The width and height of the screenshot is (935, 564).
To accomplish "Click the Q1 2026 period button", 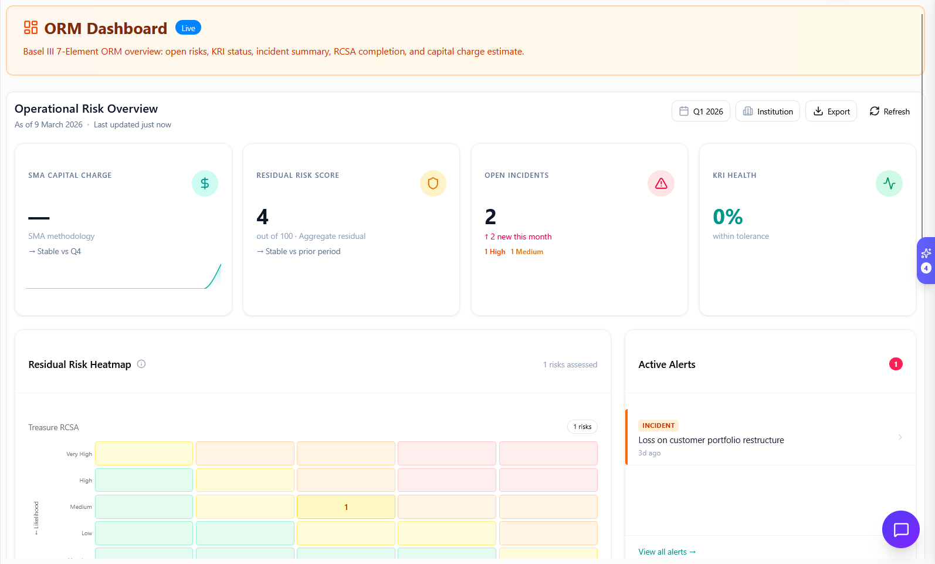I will pos(700,112).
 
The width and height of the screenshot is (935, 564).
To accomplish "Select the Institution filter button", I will pos(767,112).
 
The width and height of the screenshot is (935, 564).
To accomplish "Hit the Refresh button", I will pos(889,112).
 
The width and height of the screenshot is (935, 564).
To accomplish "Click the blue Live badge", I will pos(188,28).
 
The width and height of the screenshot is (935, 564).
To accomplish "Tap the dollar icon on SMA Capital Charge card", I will pos(205,184).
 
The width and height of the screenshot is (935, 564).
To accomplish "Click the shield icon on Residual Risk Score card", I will pos(433,184).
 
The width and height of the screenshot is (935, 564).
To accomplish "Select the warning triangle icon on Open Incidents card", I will pos(661,184).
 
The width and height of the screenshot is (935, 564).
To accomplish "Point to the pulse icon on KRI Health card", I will pos(889,184).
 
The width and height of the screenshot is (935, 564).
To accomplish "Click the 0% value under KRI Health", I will pos(727,217).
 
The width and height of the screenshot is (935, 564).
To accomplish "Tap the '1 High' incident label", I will pos(495,252).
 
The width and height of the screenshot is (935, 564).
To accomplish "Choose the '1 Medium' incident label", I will pos(527,252).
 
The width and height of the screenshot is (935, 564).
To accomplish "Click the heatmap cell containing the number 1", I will pos(346,507).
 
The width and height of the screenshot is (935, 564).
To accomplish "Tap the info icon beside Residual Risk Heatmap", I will pos(141,364).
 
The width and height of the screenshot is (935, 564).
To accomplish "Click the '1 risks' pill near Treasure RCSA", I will pos(582,427).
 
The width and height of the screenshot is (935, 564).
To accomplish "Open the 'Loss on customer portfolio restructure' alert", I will pos(711,440).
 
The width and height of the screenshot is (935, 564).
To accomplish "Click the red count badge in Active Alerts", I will pos(896,364).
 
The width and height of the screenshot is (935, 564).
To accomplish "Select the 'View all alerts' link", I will pos(666,552).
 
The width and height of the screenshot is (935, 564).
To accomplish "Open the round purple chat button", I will pos(900,529).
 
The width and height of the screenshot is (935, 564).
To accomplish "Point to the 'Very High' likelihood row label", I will pos(79,454).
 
